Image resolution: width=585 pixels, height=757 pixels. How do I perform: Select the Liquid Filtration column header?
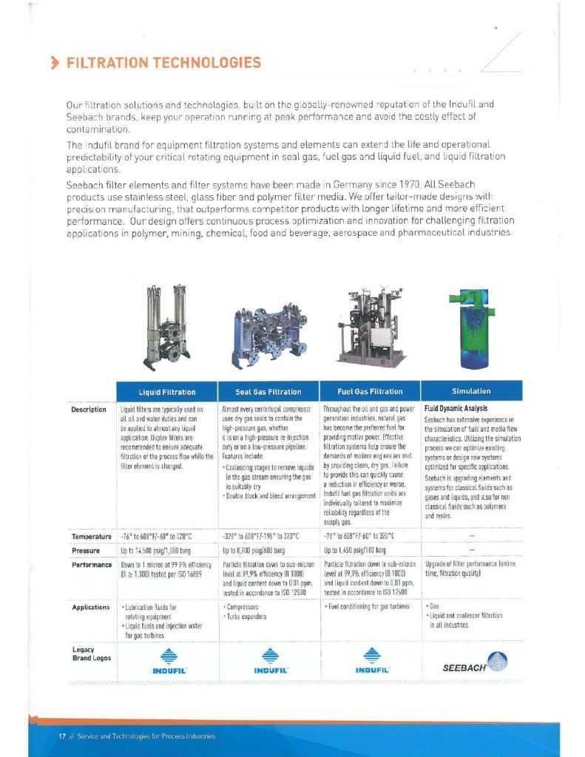coord(167,391)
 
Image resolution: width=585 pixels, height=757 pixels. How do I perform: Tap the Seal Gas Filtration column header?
coord(268,391)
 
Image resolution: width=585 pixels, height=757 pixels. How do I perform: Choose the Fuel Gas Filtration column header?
coord(370,391)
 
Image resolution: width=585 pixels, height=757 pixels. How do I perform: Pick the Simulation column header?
coord(471,391)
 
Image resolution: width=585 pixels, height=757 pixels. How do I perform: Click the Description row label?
coord(89,408)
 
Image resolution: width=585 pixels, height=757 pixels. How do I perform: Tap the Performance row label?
coord(91,564)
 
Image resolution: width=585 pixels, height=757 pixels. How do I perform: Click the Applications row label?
coord(91,607)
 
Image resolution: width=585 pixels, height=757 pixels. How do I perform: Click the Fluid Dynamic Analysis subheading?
coord(456,408)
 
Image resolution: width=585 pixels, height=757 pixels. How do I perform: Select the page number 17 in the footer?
coord(63,736)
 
